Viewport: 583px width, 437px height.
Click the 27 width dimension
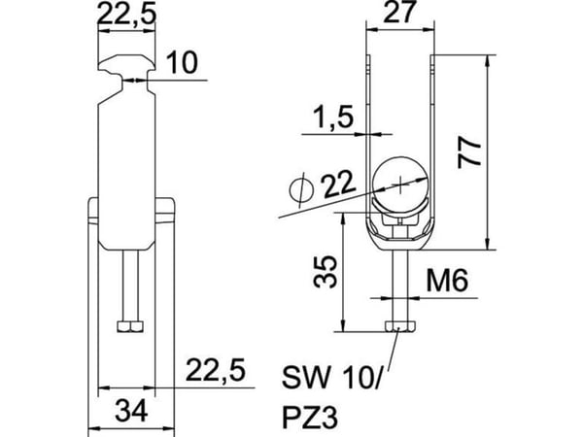point(399,13)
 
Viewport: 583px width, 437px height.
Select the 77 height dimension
point(469,153)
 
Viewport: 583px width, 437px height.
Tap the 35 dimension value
point(325,272)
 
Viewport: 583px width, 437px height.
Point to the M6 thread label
point(447,281)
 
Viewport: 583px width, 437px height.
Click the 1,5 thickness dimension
point(333,117)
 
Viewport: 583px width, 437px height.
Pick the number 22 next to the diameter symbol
point(338,185)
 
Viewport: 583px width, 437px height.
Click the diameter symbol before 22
point(301,190)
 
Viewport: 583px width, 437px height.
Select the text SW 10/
point(331,377)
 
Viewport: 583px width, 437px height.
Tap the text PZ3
point(310,418)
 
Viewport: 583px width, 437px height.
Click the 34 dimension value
point(131,411)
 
